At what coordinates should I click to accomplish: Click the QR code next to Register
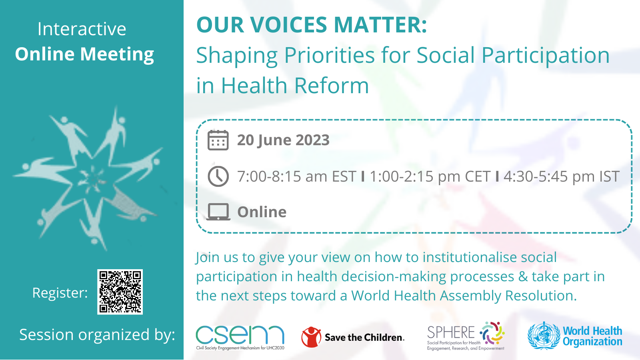120,292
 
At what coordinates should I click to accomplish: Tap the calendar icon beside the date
218,140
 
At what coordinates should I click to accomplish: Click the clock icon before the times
218,176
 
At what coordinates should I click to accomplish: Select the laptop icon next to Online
218,212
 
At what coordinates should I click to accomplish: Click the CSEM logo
240,336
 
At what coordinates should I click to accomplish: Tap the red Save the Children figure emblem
311,337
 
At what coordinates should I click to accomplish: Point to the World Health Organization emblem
544,336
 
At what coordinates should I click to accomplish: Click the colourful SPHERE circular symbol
492,333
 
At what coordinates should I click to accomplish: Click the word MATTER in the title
380,25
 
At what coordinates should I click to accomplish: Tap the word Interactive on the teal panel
82,29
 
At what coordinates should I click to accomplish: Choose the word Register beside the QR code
60,293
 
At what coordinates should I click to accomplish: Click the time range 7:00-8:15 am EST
296,176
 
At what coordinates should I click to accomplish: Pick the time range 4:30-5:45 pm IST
561,176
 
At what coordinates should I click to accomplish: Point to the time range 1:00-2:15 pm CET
430,176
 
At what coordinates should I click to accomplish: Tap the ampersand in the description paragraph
523,276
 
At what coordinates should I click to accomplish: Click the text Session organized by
97,335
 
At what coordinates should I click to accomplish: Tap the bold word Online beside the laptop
262,212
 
